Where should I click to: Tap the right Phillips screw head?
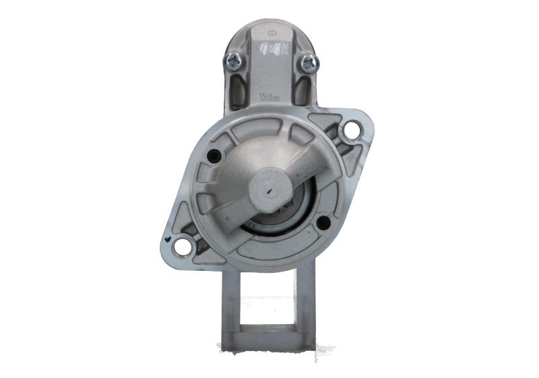[x=309, y=63]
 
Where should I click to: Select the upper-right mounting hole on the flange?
[x=351, y=129]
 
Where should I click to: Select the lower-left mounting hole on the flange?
[x=183, y=247]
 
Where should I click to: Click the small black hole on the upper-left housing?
[x=215, y=156]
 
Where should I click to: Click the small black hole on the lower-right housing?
[x=323, y=222]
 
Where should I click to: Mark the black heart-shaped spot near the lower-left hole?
[x=166, y=238]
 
